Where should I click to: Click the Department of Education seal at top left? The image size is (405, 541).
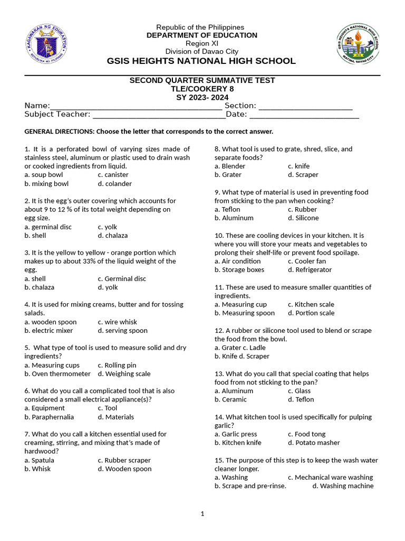(x=46, y=43)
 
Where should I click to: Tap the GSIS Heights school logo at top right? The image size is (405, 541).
(x=358, y=43)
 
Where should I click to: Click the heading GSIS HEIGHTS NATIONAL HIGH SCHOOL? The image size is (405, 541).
(x=201, y=61)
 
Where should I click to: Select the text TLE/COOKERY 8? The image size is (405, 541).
(x=202, y=89)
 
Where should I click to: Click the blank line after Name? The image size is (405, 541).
(x=136, y=106)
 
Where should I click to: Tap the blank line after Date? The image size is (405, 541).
(x=304, y=115)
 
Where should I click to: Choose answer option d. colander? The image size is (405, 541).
(x=114, y=184)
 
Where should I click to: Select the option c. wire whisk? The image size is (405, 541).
(x=117, y=322)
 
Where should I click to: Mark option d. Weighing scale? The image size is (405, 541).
(x=124, y=374)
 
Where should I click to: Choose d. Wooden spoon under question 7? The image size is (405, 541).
(x=124, y=469)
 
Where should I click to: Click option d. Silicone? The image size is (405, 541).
(x=303, y=218)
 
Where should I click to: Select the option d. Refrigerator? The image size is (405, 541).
(x=310, y=270)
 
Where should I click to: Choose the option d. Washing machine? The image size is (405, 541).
(x=343, y=486)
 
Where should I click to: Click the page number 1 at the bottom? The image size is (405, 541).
(x=202, y=514)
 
